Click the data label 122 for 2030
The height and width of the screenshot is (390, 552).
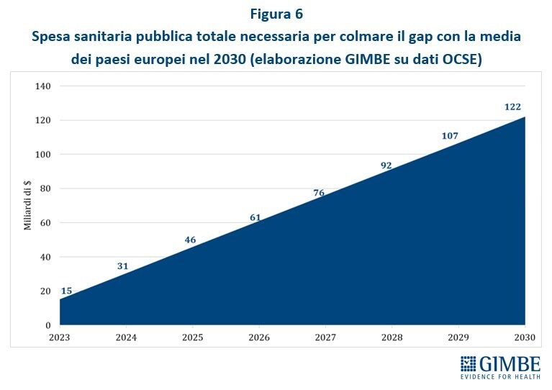click(512, 106)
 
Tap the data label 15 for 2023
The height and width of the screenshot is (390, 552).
click(66, 291)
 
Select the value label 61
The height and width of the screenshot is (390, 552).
click(255, 217)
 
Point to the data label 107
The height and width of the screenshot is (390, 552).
click(450, 136)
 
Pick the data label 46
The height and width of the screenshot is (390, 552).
click(190, 240)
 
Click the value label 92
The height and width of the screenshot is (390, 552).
click(386, 165)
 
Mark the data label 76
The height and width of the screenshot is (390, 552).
click(319, 193)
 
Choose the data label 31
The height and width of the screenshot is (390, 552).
click(122, 266)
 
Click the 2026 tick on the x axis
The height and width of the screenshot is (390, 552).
click(259, 337)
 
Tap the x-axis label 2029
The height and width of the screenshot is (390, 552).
click(458, 337)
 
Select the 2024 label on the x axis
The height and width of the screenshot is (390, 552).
click(127, 337)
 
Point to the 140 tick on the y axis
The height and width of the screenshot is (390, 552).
click(43, 86)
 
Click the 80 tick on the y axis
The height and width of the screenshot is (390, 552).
click(45, 189)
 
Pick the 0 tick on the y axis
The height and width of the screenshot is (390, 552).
click(48, 325)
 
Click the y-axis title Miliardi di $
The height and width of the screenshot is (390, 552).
click(27, 205)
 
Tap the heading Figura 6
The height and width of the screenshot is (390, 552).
click(276, 14)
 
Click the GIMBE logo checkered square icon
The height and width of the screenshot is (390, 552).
click(469, 364)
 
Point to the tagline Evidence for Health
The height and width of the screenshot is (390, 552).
click(500, 376)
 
